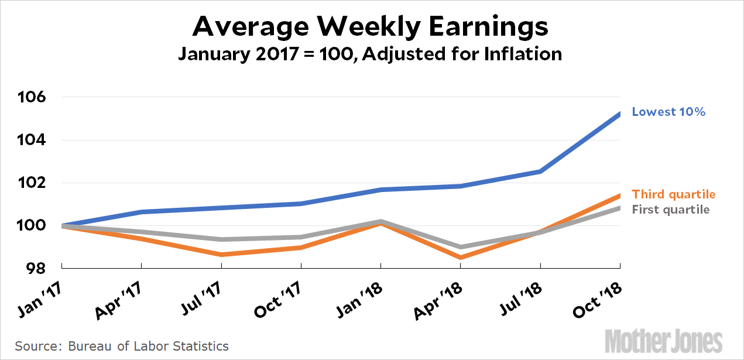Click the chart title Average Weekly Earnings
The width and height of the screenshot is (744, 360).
[x=370, y=26]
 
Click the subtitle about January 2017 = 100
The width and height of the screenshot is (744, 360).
[x=370, y=54]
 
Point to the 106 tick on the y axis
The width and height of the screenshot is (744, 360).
[x=33, y=97]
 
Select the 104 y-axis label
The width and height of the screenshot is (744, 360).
[x=33, y=140]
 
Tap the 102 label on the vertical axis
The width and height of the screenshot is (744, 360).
[x=33, y=183]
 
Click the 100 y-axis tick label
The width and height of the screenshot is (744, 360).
[x=33, y=226]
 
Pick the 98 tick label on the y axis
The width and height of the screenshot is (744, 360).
[x=37, y=269]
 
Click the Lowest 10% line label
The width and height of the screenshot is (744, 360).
[x=668, y=111]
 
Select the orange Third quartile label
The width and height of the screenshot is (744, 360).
[x=674, y=194]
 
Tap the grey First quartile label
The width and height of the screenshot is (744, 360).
[x=671, y=210]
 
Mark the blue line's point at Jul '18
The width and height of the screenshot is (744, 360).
[x=540, y=171]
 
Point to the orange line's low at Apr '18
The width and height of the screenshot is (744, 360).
[x=461, y=258]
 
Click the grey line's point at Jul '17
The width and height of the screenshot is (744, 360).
[x=221, y=239]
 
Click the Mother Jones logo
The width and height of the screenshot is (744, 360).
[x=663, y=340]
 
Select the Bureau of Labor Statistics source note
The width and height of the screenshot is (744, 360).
[x=122, y=346]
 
